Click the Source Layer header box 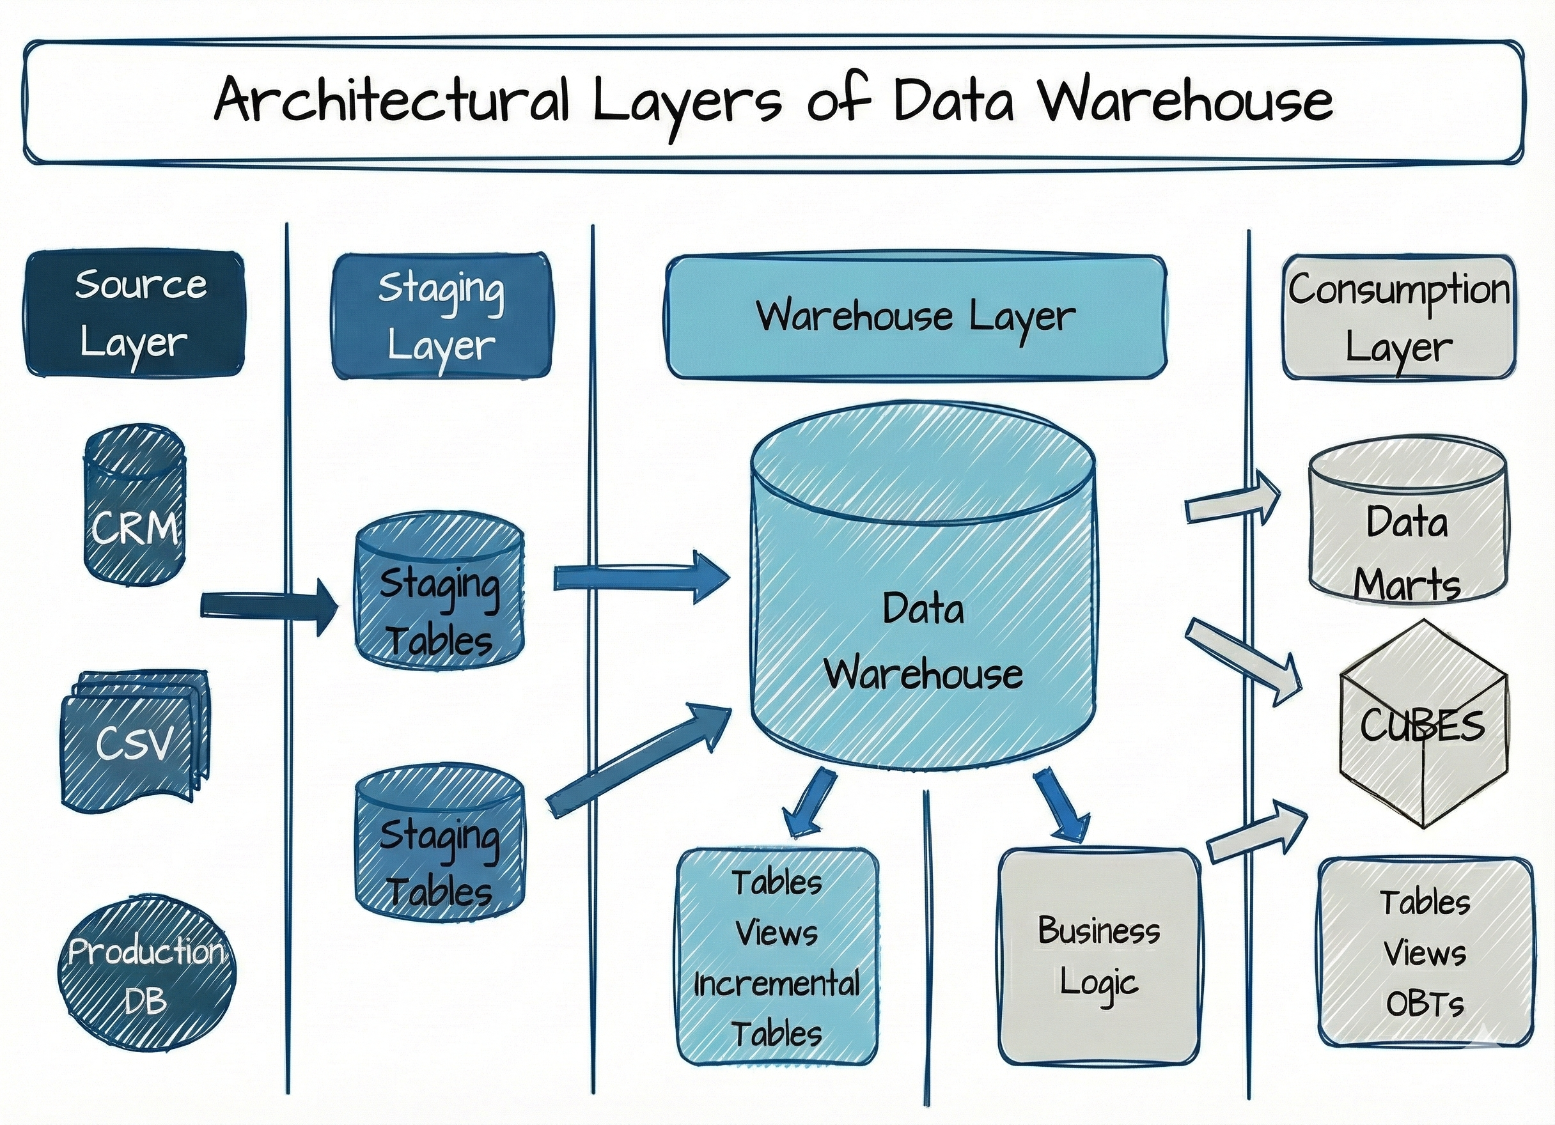click(134, 313)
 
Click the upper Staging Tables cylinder click(439, 594)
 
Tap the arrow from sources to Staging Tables click(267, 606)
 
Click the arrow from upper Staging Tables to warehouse click(641, 578)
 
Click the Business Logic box click(1099, 956)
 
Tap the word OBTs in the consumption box click(1425, 1004)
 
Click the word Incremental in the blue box click(776, 984)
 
